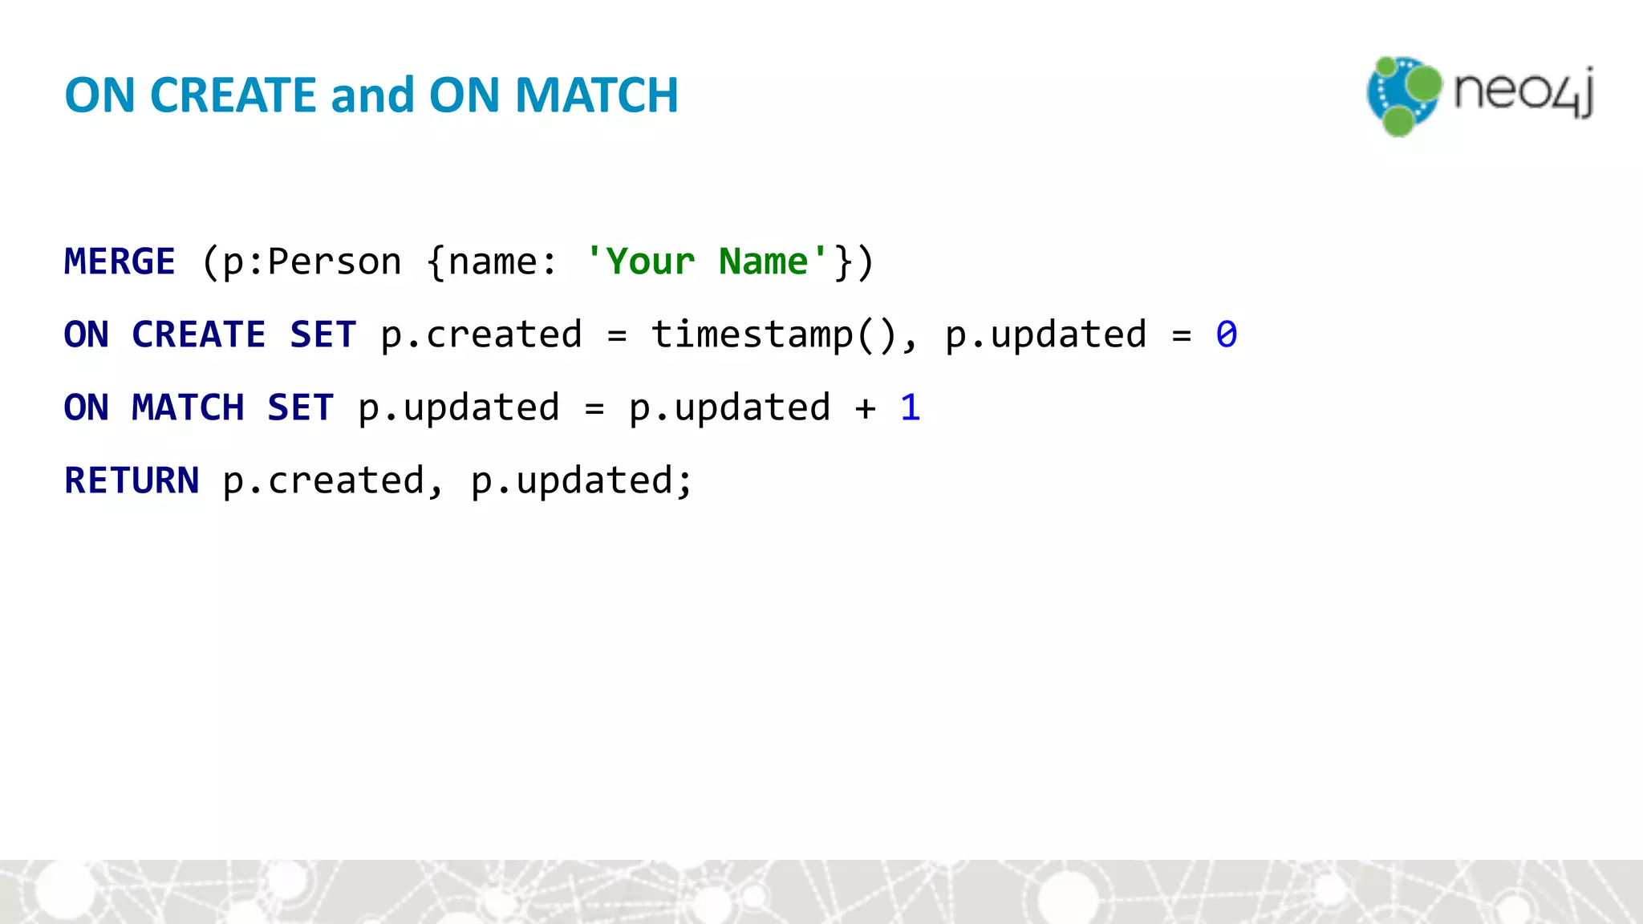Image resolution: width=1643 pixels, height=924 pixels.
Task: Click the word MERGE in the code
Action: tap(120, 261)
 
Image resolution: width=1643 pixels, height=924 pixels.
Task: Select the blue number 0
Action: tap(1226, 334)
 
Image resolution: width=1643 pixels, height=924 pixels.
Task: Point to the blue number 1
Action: tap(910, 407)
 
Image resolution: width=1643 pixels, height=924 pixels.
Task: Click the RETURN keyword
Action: tap(132, 480)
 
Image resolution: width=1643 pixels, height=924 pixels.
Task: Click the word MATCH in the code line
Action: tap(188, 407)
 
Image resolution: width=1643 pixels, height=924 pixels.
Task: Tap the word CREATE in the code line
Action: tap(198, 334)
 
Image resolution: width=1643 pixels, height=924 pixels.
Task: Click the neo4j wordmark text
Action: tap(1523, 91)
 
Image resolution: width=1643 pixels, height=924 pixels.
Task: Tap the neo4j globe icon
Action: tap(1403, 95)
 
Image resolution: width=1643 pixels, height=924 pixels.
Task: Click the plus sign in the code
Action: tap(865, 408)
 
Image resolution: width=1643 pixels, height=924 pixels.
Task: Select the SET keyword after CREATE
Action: tap(323, 334)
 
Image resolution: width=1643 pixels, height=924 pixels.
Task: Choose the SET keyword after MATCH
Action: tap(300, 407)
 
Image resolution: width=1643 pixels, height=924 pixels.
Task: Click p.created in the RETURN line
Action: tap(323, 480)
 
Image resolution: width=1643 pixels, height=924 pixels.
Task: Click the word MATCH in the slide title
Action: tap(596, 95)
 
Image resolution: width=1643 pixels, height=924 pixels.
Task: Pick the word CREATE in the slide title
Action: tap(233, 95)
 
